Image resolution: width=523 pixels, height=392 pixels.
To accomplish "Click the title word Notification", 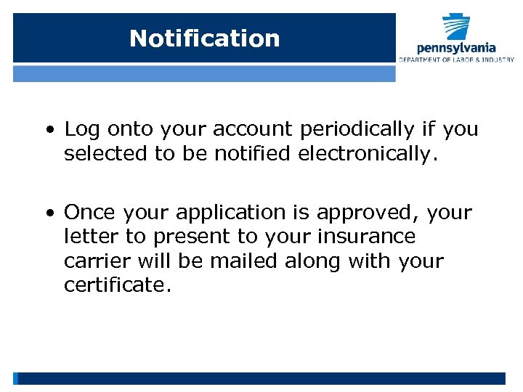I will click(x=204, y=38).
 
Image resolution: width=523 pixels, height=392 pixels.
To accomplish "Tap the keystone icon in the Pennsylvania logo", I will click(x=457, y=28).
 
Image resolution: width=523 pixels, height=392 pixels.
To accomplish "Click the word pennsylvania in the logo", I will click(x=456, y=48).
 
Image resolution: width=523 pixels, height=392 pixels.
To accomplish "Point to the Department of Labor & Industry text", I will click(x=456, y=60).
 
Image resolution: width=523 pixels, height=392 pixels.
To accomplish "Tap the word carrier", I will click(x=91, y=261).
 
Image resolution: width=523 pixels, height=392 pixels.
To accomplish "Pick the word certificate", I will click(x=117, y=285).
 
